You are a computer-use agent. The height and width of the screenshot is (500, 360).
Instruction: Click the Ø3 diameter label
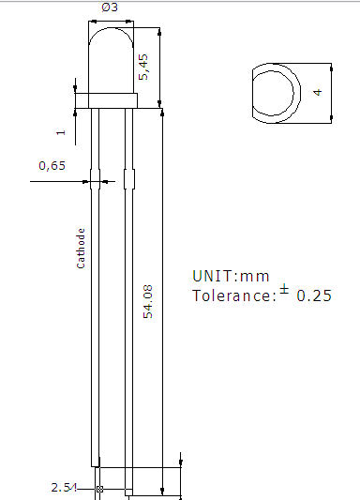click(x=111, y=8)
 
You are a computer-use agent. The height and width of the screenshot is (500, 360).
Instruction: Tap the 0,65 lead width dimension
click(x=52, y=166)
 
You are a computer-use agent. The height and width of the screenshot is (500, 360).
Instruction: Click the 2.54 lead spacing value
click(x=63, y=489)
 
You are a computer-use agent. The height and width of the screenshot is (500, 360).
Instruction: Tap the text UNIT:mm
click(x=231, y=276)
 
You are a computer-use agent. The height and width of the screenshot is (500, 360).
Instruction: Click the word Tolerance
click(x=233, y=295)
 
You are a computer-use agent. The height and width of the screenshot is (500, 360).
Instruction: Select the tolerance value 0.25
click(x=314, y=295)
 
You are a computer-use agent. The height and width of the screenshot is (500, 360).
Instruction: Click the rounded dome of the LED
click(x=111, y=56)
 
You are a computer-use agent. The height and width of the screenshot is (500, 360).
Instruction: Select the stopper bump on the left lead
click(x=94, y=176)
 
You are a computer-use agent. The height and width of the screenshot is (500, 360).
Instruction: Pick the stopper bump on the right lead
click(x=127, y=176)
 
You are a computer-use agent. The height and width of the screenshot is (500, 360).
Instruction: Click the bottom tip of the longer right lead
click(x=127, y=492)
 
